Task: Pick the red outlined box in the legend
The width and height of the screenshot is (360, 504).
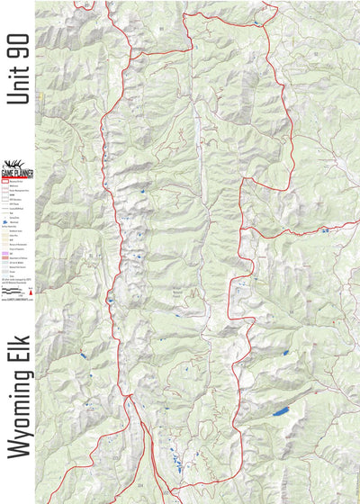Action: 9,183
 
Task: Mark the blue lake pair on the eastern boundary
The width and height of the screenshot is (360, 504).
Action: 322,229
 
